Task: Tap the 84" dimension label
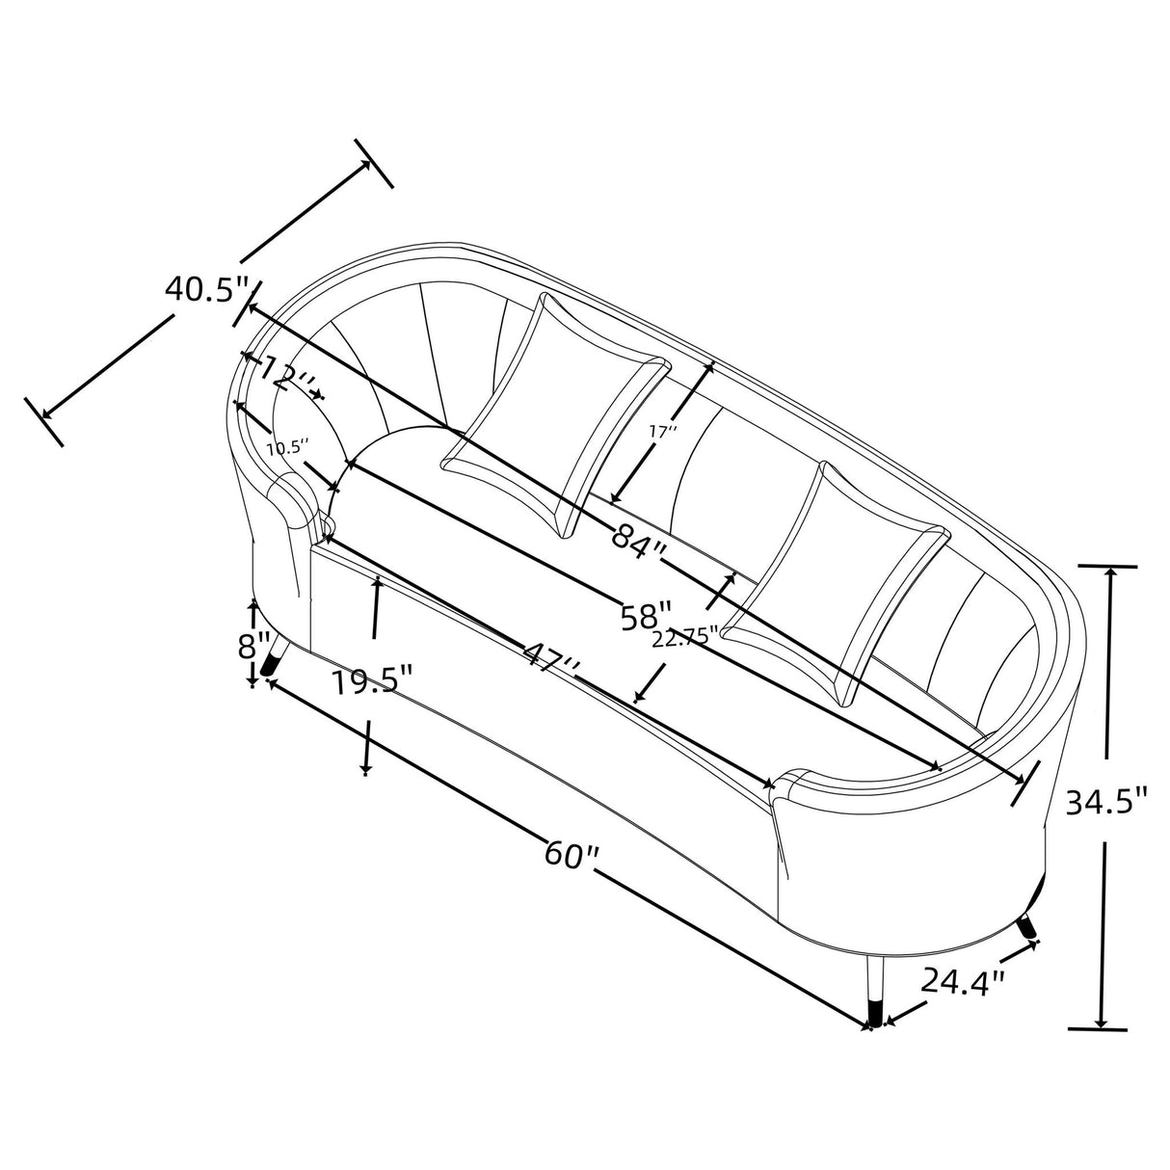[x=639, y=536]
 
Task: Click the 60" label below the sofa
[x=572, y=854]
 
